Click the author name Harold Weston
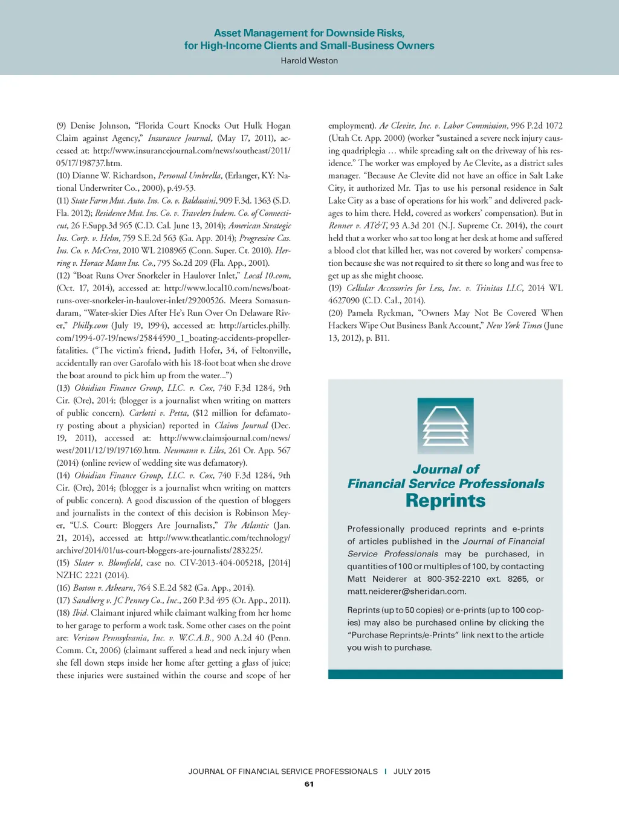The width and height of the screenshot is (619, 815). point(309,60)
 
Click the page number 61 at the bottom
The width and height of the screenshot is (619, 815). point(309,784)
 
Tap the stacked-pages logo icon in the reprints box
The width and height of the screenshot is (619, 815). point(446,426)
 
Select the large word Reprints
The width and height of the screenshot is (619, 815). point(446,501)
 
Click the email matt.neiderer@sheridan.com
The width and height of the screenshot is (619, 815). point(406,591)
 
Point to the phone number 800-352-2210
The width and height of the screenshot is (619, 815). point(453,579)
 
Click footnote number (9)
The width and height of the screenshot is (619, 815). point(61,126)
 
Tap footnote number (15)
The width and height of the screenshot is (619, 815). point(63,562)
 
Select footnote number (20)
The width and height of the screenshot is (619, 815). point(335,313)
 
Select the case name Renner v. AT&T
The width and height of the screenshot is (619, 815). point(358,225)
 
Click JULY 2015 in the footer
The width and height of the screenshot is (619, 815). point(412,772)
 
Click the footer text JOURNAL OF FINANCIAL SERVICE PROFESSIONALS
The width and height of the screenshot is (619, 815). point(283,772)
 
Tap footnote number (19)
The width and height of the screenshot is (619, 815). point(335,288)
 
